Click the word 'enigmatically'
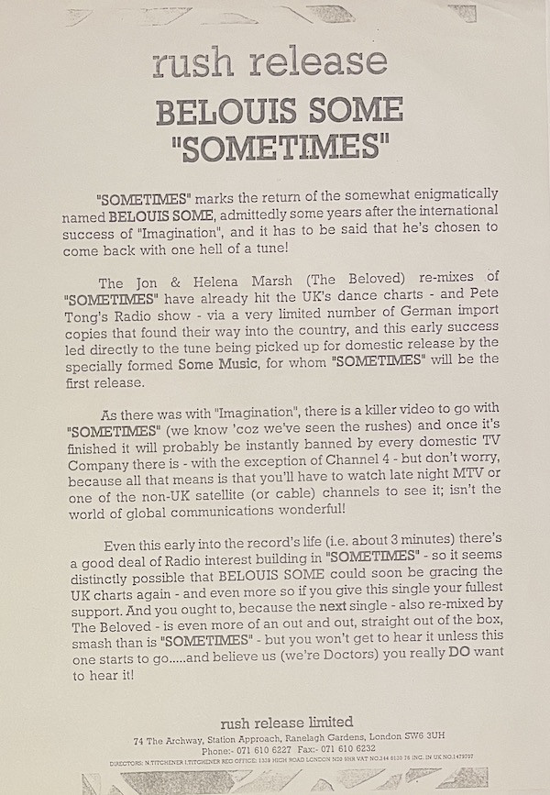coord(446,194)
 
